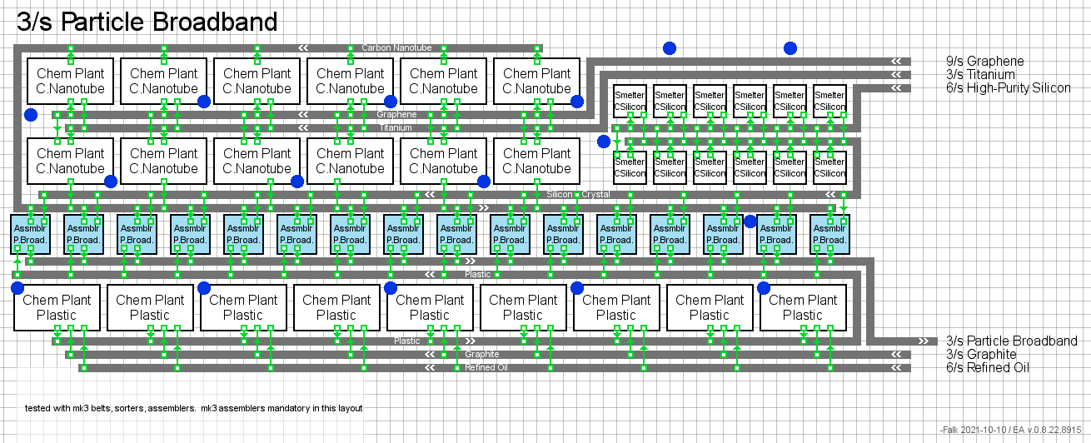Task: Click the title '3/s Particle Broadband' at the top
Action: (147, 22)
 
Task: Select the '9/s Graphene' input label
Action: (984, 61)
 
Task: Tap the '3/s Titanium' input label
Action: (980, 74)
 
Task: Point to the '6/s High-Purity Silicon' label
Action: (1008, 87)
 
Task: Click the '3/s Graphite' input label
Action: (981, 354)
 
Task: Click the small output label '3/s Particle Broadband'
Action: (1011, 341)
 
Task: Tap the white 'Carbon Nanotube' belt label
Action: (396, 47)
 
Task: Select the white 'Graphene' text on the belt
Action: (396, 114)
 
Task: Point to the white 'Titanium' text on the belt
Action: (396, 127)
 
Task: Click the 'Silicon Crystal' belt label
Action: (578, 194)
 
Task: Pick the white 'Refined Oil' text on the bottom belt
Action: (486, 367)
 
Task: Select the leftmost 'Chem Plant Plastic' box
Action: (57, 307)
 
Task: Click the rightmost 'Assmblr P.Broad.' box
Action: (829, 234)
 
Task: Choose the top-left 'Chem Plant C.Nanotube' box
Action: (71, 81)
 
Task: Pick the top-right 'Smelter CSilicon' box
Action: (829, 101)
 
